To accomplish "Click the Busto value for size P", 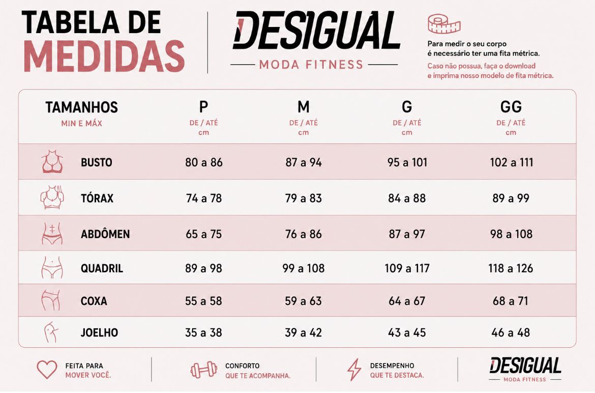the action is (204, 162).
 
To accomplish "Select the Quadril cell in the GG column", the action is (511, 268).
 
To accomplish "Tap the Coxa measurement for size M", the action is (303, 301).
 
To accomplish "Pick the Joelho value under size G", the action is (407, 332).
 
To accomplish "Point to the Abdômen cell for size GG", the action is (511, 234).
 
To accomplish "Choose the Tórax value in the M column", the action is (303, 198).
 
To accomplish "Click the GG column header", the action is (511, 107).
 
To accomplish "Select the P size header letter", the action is (204, 107).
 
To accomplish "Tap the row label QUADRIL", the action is (102, 268).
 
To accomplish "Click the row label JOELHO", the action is (99, 332).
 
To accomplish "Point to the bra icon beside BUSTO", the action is (52, 162).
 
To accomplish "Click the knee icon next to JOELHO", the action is (51, 332).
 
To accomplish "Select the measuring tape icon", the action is (444, 24).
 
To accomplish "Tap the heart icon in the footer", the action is (47, 369).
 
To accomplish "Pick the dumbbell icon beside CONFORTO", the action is (204, 370).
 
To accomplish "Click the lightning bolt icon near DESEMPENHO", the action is (354, 370).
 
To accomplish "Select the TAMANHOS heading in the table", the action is (81, 107).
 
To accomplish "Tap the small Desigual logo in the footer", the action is (525, 369).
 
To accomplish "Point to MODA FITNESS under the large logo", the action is (311, 65).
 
